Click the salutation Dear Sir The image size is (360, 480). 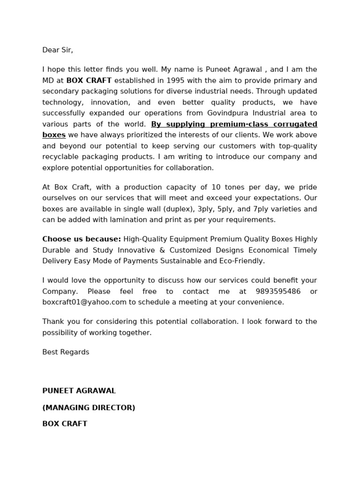pyautogui.click(x=58, y=50)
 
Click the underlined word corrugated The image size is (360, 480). pyautogui.click(x=296, y=124)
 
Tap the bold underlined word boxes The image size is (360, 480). pyautogui.click(x=54, y=135)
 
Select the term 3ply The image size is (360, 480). pyautogui.click(x=207, y=209)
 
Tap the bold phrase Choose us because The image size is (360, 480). pyautogui.click(x=82, y=239)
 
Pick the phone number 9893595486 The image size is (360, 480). pyautogui.click(x=277, y=292)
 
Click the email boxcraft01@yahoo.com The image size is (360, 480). pyautogui.click(x=84, y=302)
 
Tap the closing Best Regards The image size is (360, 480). pyautogui.click(x=66, y=352)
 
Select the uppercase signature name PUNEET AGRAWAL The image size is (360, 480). pyautogui.click(x=79, y=391)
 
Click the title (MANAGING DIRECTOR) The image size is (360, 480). pyautogui.click(x=89, y=408)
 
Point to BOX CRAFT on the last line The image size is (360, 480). pyautogui.click(x=65, y=424)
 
